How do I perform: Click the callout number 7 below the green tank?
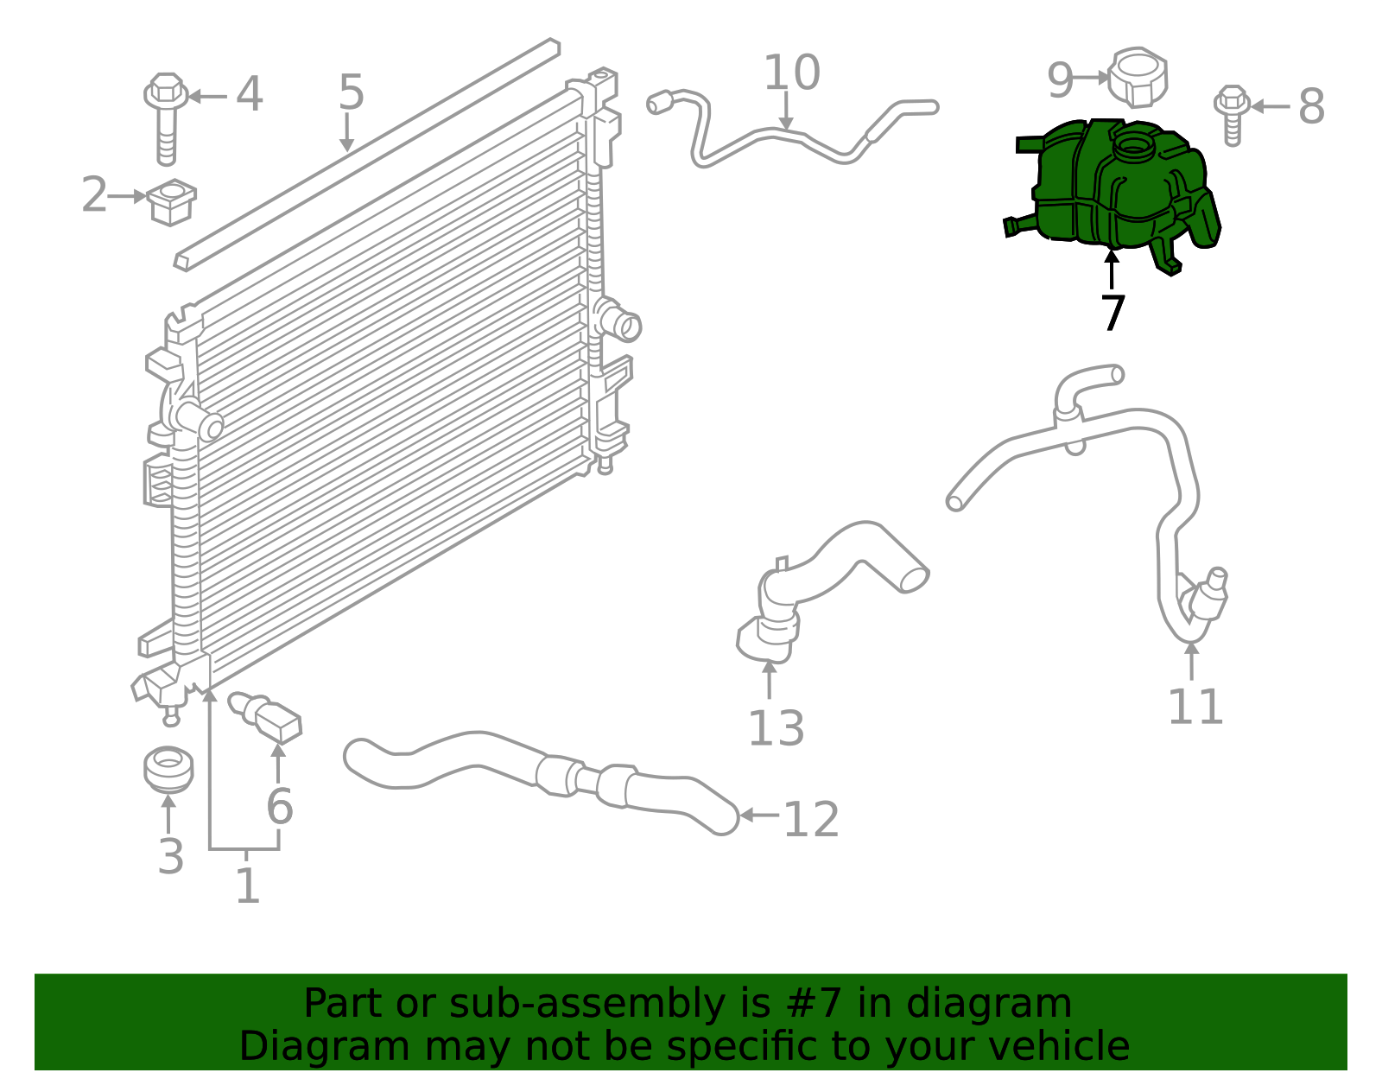coord(1113,313)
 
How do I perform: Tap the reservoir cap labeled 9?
coord(1138,77)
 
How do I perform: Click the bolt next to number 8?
coord(1232,115)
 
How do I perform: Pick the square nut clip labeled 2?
coord(172,201)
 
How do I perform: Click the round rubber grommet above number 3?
coord(168,770)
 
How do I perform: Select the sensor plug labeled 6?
coord(265,717)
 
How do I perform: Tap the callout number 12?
coord(811,820)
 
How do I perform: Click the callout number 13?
coord(776,728)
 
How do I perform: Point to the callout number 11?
coord(1195,707)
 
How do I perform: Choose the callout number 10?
coord(792,72)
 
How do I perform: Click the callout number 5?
coord(352,92)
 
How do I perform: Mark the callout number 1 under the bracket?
coord(247,885)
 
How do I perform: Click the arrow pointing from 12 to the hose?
coord(759,815)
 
